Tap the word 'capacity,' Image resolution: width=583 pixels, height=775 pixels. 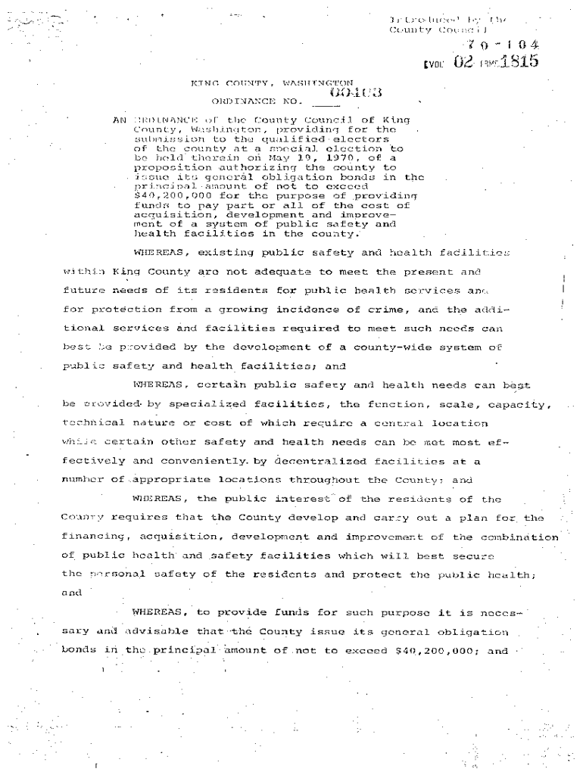click(514, 405)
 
